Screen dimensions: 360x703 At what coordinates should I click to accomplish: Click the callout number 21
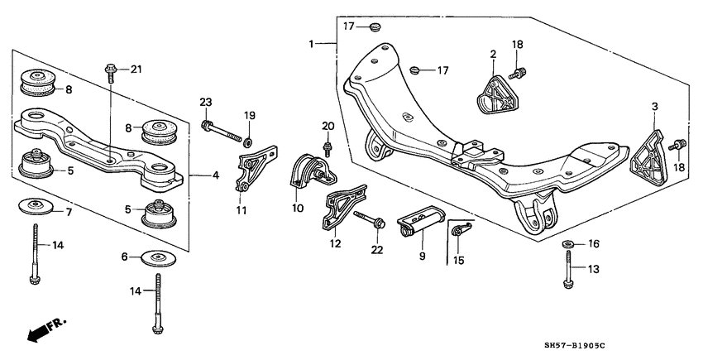click(x=136, y=68)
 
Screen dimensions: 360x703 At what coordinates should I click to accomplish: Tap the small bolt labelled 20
click(x=328, y=149)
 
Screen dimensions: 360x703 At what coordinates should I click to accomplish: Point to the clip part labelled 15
click(x=459, y=234)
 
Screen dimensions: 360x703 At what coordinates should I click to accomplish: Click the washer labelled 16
click(x=569, y=244)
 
